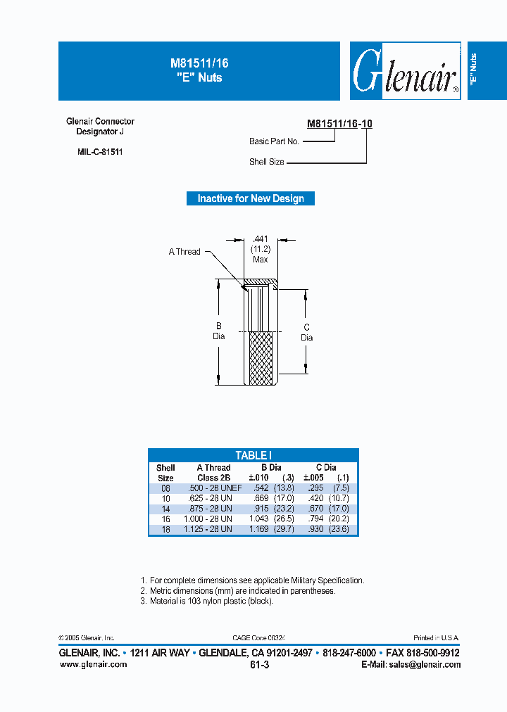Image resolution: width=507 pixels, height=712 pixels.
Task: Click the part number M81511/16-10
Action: [339, 124]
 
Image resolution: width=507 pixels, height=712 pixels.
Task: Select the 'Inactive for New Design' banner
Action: [251, 198]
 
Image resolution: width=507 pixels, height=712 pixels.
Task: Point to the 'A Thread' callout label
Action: [184, 252]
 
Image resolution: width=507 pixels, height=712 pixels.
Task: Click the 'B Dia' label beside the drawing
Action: [219, 331]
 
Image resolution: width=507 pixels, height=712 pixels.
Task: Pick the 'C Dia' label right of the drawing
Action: [306, 332]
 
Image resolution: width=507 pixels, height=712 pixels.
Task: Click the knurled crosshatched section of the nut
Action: [260, 358]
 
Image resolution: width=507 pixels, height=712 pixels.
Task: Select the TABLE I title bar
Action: [253, 455]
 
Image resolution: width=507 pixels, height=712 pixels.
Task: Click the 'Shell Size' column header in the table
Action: [165, 472]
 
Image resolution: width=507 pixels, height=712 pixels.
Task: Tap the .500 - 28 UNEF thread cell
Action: [214, 488]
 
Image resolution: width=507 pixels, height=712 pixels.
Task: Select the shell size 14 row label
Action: [165, 508]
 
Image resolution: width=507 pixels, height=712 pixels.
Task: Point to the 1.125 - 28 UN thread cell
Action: [208, 529]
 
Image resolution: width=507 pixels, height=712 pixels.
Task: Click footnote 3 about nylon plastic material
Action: [207, 601]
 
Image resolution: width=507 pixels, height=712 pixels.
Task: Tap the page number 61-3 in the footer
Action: [259, 664]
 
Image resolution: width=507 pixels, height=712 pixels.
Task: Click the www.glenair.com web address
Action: [89, 664]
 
